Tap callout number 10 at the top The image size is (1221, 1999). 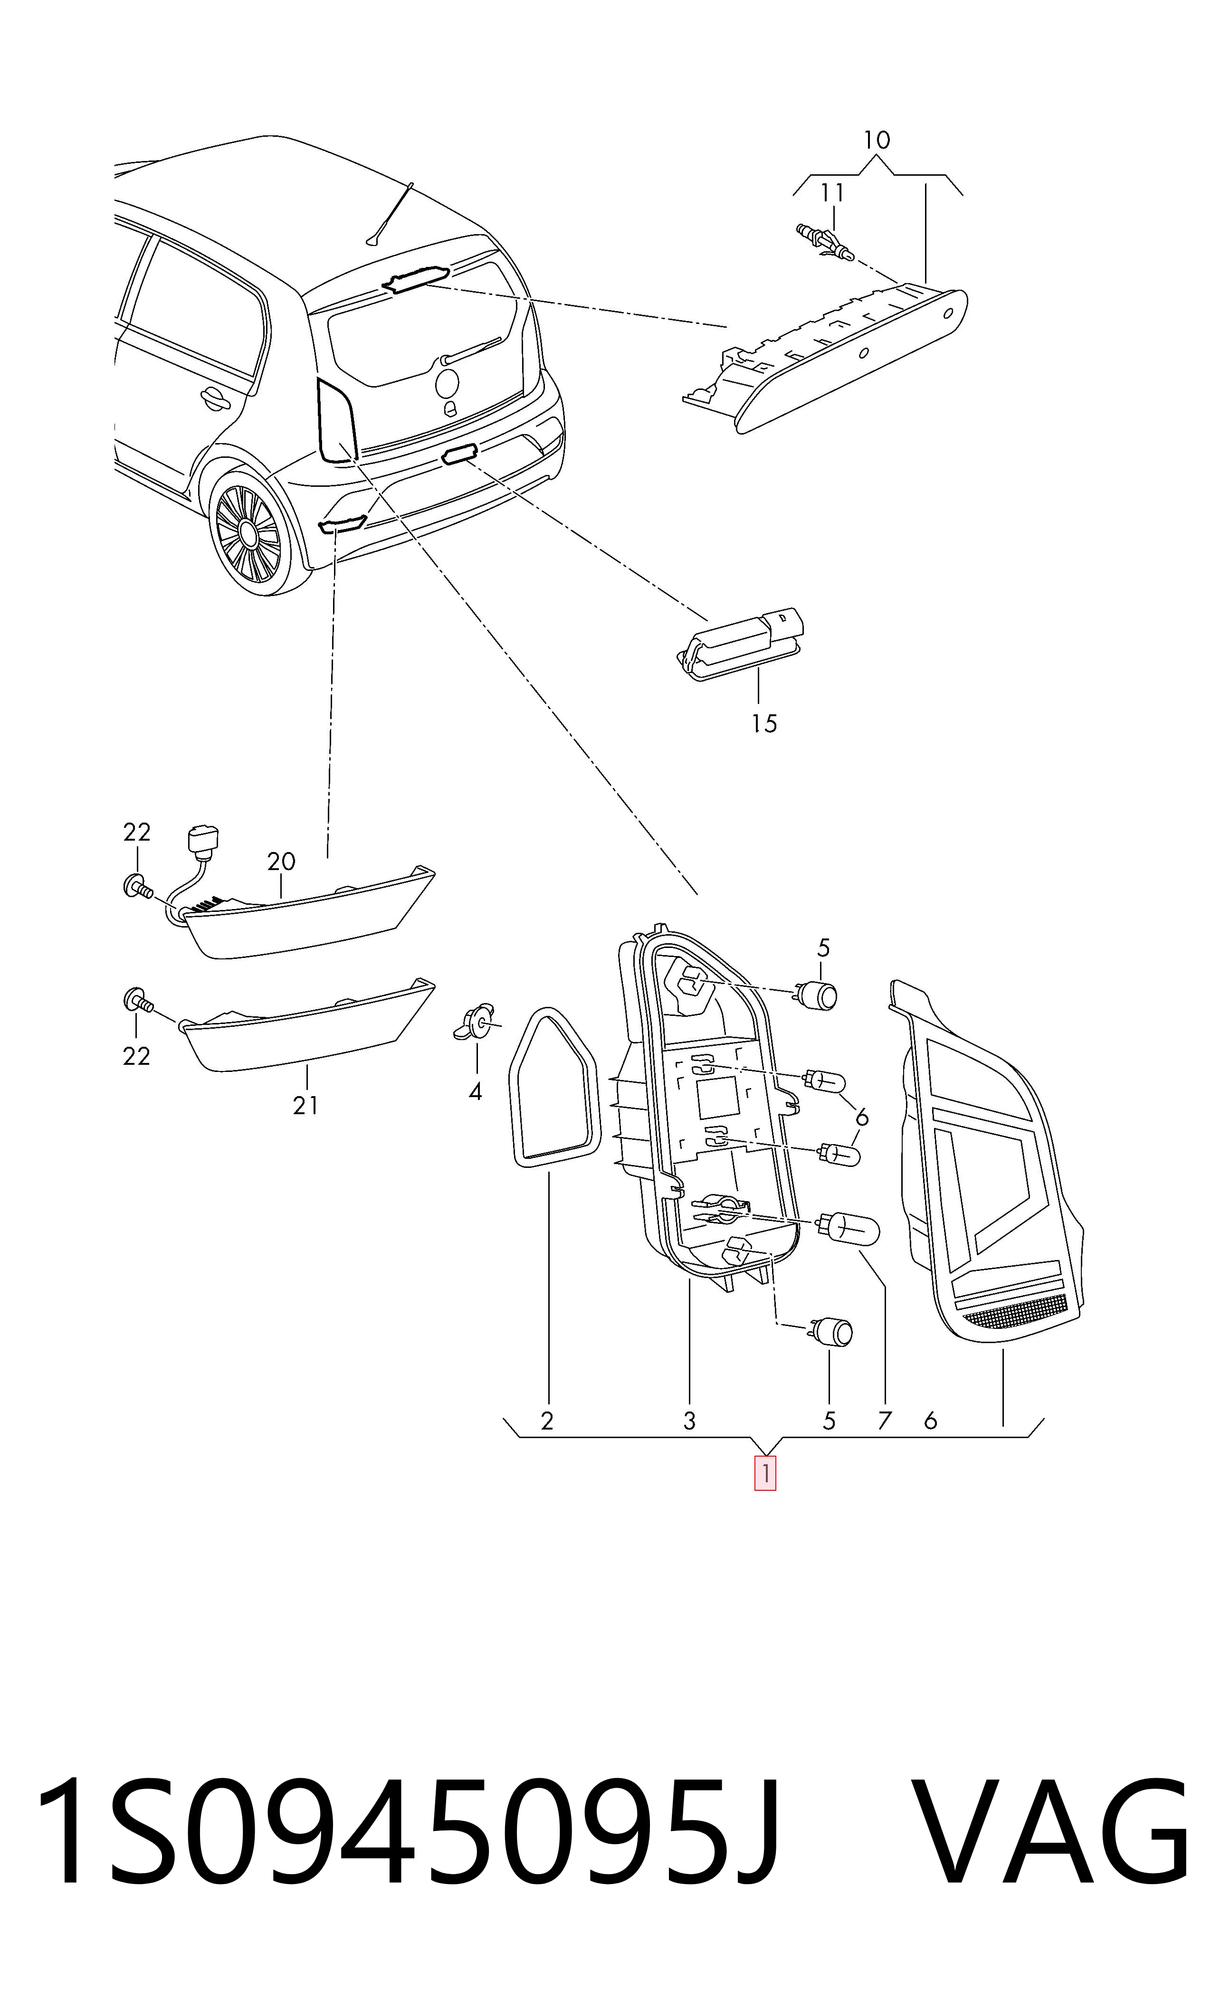(876, 141)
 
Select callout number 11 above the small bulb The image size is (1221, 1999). (832, 193)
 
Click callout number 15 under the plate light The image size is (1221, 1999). (763, 723)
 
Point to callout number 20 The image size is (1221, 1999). (281, 862)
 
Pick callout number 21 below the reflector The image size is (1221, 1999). (305, 1105)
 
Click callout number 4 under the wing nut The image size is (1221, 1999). (476, 1092)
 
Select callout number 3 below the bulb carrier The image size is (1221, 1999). (689, 1421)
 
